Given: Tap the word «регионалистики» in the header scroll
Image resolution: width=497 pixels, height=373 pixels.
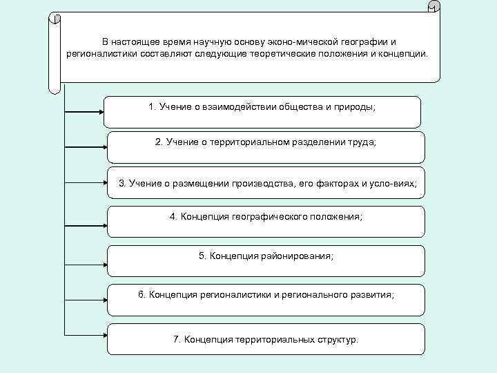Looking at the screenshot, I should point(101,52).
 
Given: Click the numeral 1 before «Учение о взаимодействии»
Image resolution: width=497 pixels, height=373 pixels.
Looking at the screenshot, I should point(151,106).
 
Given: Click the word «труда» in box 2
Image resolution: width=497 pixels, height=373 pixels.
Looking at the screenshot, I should point(363,142).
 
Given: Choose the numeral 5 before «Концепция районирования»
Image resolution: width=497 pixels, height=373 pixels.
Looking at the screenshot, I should point(202,256).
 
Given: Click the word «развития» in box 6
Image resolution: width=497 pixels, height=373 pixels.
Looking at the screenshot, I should point(371,294).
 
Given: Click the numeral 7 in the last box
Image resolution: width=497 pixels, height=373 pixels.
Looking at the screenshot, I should point(176,340).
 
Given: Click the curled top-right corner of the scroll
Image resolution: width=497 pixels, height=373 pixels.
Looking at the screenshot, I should point(433,9).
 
